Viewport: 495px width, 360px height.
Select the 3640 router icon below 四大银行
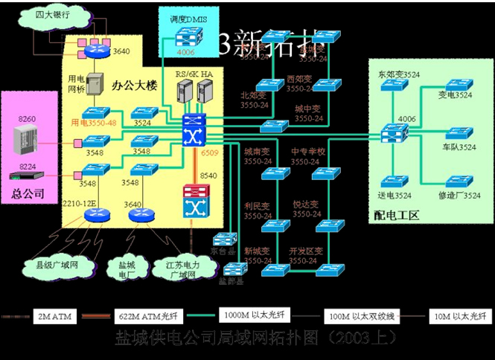click(x=96, y=50)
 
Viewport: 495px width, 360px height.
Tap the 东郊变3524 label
click(x=397, y=75)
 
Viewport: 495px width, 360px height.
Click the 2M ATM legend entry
click(x=51, y=316)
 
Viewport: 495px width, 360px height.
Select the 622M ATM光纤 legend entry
click(x=145, y=316)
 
